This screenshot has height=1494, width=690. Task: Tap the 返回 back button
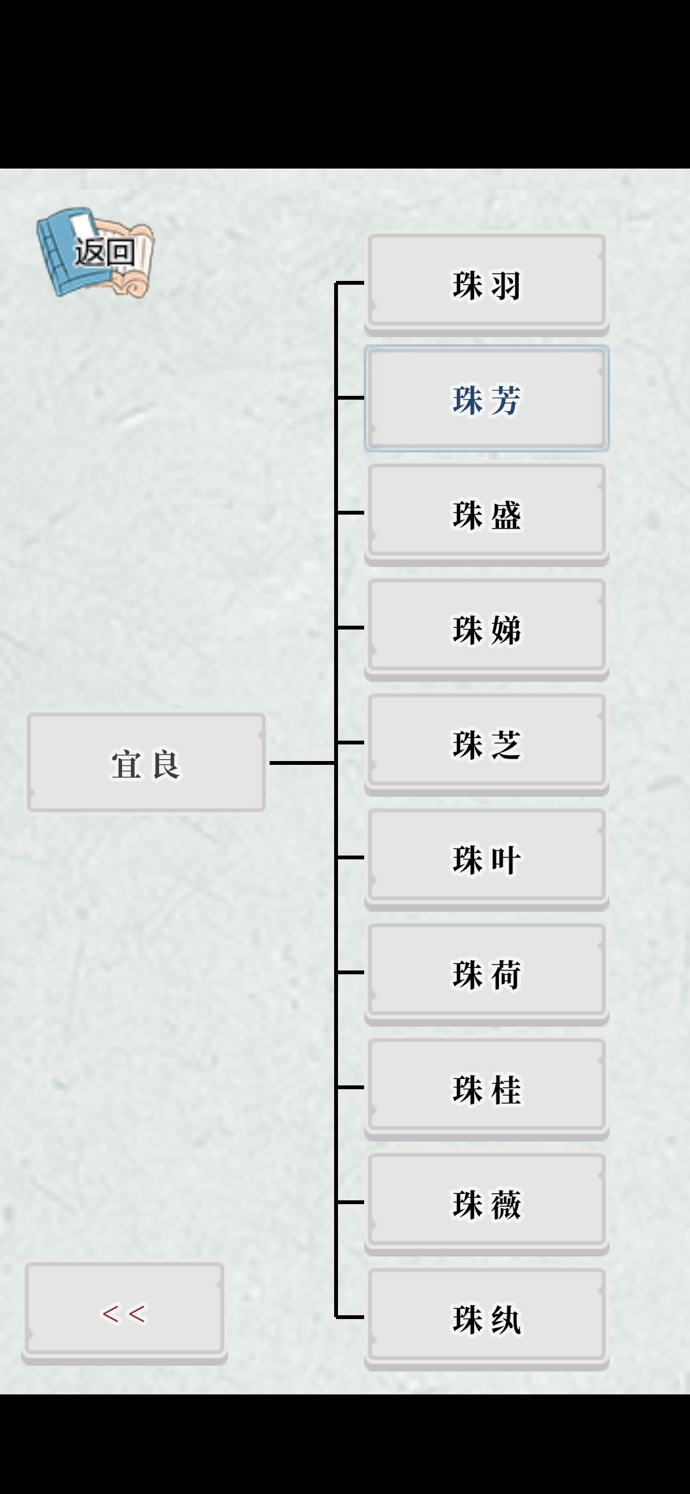click(x=95, y=252)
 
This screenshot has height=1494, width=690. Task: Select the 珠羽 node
click(x=487, y=284)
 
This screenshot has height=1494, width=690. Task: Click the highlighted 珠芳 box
click(x=487, y=399)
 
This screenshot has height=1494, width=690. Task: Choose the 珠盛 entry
click(x=487, y=514)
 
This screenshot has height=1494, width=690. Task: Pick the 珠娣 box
click(x=487, y=629)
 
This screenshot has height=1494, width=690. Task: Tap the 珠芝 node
click(x=487, y=744)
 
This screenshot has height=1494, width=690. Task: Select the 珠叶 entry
click(x=487, y=859)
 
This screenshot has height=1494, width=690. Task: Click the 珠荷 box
click(x=487, y=974)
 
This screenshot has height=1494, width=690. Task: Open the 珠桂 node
click(x=487, y=1089)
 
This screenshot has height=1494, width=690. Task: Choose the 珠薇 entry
click(x=487, y=1203)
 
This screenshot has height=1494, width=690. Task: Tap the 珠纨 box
click(x=487, y=1318)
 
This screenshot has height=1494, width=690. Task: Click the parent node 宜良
click(x=146, y=762)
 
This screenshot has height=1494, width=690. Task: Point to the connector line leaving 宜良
click(x=302, y=762)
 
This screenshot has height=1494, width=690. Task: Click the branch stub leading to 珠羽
click(x=350, y=282)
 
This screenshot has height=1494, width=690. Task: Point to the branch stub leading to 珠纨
click(x=350, y=1317)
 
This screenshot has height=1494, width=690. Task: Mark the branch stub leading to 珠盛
click(x=350, y=512)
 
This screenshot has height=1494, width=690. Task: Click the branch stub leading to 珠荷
click(x=350, y=972)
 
